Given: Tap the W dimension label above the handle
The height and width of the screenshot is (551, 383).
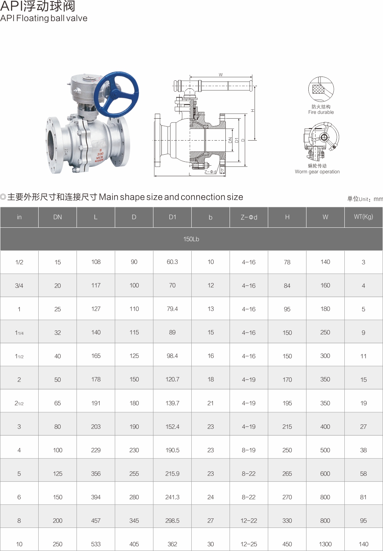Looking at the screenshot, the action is click(221, 75).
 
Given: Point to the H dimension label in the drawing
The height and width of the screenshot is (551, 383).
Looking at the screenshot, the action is click(252, 111).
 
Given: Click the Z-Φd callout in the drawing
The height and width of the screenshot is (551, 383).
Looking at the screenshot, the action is click(211, 172).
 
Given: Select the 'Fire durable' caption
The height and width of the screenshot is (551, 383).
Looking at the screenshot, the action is click(321, 112).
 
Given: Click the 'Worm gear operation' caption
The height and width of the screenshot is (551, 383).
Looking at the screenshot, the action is click(317, 172).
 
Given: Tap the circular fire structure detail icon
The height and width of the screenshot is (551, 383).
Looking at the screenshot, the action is click(321, 89).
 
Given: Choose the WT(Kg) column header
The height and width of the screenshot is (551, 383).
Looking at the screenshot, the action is click(363, 217).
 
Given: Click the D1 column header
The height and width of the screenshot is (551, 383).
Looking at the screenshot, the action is click(172, 217).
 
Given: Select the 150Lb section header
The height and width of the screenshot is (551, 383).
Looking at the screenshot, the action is click(191, 239).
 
